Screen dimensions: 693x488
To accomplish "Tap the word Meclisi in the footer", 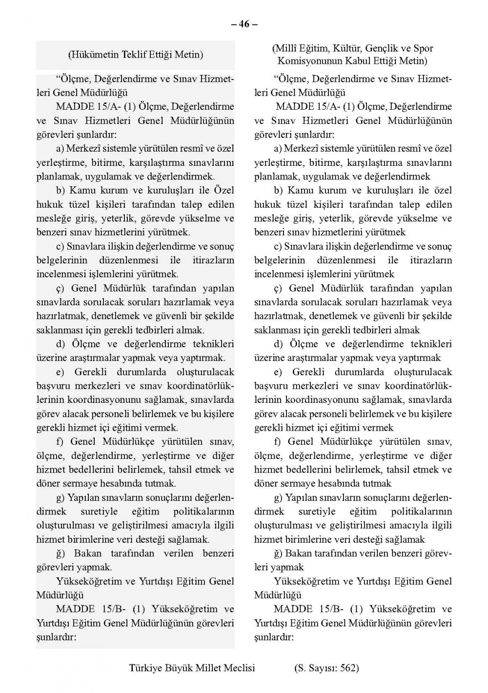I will coord(238,668).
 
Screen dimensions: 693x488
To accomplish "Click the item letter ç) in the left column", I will coord(61,289).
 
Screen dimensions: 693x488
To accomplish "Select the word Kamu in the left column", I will coord(82,190).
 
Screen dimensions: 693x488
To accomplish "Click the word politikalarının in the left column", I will coord(203,512).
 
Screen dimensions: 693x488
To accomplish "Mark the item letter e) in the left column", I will coord(60,372).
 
